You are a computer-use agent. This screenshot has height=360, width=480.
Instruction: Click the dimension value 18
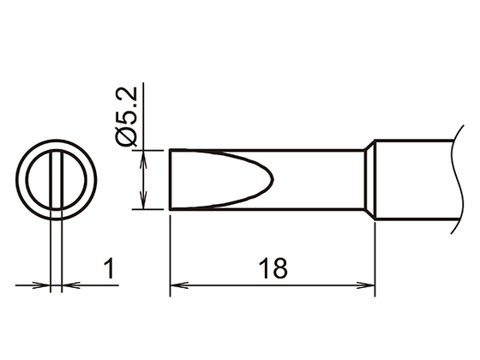(x=273, y=267)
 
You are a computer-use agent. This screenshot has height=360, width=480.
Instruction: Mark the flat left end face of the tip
(x=171, y=179)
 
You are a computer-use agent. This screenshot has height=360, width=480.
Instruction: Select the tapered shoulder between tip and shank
(x=372, y=179)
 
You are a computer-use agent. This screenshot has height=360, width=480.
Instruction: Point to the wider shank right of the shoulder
(x=411, y=179)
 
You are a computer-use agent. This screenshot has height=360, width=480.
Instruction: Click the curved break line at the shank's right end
(x=450, y=179)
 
